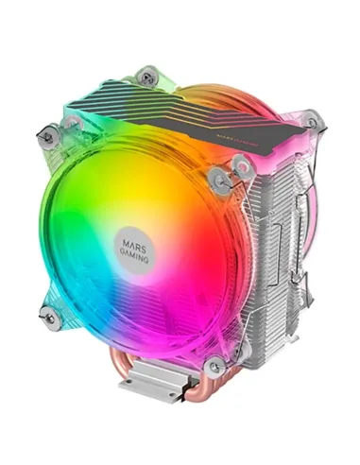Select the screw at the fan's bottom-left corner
pos(47,318)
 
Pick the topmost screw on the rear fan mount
pos(146,74)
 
